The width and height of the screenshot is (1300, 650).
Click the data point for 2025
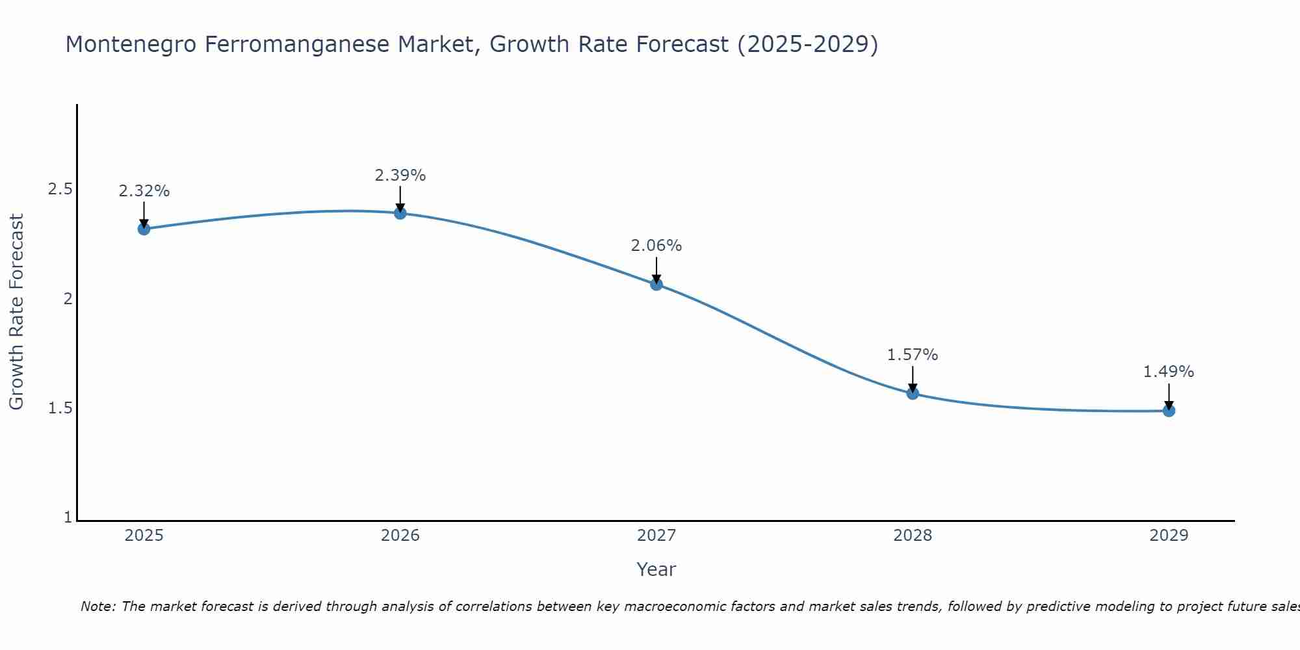click(144, 229)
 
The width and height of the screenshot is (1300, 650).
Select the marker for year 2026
click(400, 213)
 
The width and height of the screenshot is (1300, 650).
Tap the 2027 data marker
click(656, 284)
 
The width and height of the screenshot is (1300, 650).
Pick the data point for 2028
click(913, 393)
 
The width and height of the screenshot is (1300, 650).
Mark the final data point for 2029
click(1169, 411)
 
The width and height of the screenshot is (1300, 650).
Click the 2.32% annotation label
click(144, 191)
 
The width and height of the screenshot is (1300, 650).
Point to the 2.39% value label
click(400, 175)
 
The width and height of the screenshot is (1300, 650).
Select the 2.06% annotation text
click(656, 246)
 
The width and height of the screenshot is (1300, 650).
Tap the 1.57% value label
click(913, 355)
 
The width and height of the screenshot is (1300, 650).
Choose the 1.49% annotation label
click(1169, 372)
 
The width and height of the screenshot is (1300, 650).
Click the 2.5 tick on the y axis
click(60, 189)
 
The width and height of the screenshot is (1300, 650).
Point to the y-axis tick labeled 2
click(67, 299)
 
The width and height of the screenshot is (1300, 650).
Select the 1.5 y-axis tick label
click(60, 408)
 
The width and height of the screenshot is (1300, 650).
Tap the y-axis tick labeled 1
click(68, 517)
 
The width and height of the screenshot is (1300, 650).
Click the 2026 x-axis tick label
click(400, 536)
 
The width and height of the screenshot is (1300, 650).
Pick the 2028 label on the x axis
click(913, 536)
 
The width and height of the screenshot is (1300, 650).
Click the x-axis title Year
click(656, 569)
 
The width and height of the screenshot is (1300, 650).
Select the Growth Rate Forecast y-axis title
click(17, 312)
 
